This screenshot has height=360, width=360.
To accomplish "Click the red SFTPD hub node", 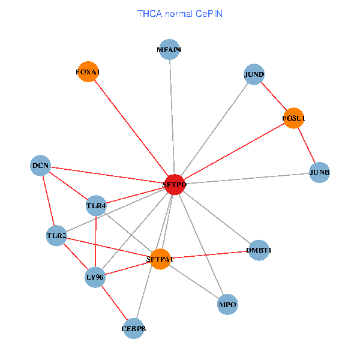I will click(x=174, y=185).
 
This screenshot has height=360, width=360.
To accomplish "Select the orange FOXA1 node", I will click(x=88, y=72).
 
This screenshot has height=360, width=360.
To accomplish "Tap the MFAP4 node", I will click(x=169, y=50).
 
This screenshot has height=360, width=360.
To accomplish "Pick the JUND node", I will click(x=254, y=74).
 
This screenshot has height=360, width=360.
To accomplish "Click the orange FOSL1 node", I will click(x=293, y=118).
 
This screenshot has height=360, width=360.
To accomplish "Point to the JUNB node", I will click(x=319, y=173).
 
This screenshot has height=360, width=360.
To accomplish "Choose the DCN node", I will click(x=40, y=166).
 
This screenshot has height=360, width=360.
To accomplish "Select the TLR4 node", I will click(x=96, y=206).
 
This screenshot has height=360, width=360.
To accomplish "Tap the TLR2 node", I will click(x=56, y=236).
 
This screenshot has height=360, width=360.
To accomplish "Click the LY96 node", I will click(x=95, y=277).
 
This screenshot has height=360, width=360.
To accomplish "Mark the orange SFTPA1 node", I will click(x=160, y=259).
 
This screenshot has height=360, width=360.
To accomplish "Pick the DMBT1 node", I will click(x=259, y=250).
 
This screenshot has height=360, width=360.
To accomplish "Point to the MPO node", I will click(x=227, y=305).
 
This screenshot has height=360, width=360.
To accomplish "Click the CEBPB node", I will click(x=133, y=329).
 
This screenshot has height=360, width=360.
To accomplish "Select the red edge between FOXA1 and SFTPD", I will click(x=131, y=128).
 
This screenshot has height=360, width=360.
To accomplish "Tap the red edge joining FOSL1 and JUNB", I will click(x=306, y=145).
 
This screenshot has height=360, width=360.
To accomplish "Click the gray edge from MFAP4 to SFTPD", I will click(x=172, y=118).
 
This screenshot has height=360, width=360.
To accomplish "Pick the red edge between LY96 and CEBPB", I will click(x=114, y=303).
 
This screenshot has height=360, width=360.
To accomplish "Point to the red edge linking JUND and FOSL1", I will click(x=274, y=96).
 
